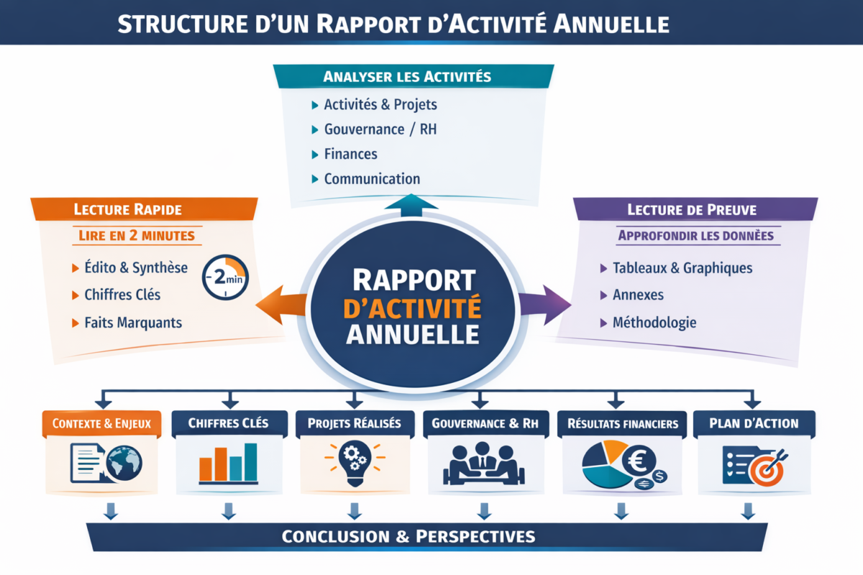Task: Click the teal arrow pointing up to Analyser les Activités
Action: coord(411,205)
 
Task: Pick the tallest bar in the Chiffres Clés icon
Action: coord(250,461)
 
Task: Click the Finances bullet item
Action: coord(350,154)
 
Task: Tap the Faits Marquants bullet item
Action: coord(133,323)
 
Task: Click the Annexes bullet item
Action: coord(638,295)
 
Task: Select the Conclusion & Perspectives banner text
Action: coord(408,536)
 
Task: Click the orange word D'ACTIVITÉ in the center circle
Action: coord(412,308)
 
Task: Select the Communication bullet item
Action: coord(372,179)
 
